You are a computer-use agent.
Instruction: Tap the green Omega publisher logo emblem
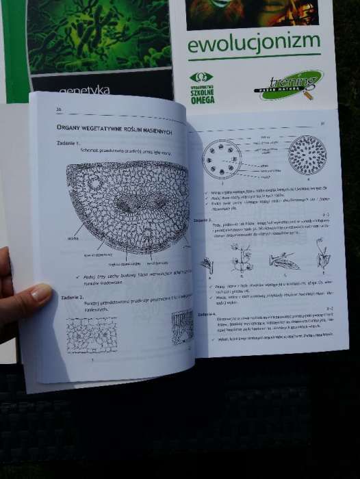coord(201,77)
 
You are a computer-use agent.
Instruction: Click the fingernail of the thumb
coord(40,294)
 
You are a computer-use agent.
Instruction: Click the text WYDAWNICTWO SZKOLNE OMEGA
coord(202,95)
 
